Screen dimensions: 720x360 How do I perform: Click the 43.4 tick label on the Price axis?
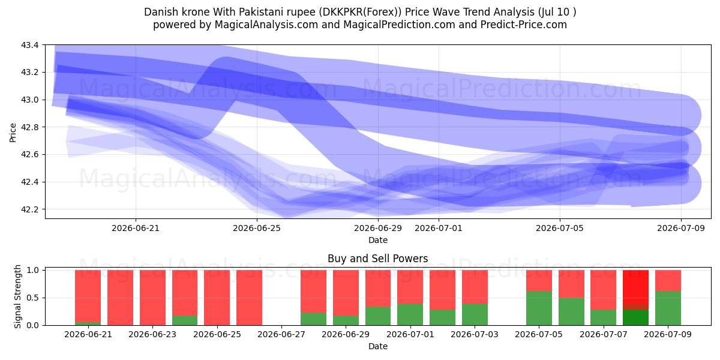click(29, 45)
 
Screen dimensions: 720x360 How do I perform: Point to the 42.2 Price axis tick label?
click(29, 209)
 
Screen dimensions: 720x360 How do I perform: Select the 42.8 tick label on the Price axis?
click(29, 127)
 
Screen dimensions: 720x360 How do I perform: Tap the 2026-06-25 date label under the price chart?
click(257, 228)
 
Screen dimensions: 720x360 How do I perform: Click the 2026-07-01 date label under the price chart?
click(439, 228)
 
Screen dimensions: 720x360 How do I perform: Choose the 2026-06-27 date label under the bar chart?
click(281, 334)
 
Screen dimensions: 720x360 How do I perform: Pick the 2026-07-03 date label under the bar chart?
click(475, 334)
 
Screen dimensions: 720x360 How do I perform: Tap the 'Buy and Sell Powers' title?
click(377, 259)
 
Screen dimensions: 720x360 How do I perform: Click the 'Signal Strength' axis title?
click(17, 296)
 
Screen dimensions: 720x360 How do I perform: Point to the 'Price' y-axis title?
click(13, 133)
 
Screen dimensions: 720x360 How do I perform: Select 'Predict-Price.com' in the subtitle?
click(524, 25)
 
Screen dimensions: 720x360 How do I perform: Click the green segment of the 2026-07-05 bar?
click(539, 308)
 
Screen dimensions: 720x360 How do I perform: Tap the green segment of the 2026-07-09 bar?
click(668, 308)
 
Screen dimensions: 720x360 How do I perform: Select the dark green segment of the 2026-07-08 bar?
click(635, 317)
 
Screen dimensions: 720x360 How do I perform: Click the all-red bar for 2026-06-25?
click(217, 298)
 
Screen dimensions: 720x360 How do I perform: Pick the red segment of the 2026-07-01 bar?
click(410, 287)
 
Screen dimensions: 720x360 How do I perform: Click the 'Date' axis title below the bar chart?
click(377, 347)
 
